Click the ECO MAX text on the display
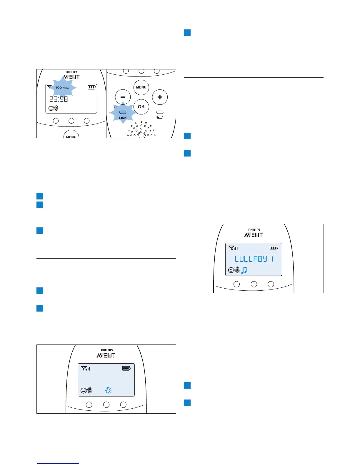pos(62,88)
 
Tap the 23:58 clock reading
pos(59,99)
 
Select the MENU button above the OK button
pos(141,87)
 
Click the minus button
pos(123,97)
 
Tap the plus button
pos(160,97)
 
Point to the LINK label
pos(123,118)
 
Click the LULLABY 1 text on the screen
pos(254,259)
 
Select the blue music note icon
pos(244,270)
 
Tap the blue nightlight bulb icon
pos(108,390)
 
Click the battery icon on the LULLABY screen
pos(274,248)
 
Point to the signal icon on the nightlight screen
pos(86,368)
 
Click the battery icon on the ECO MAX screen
pos(92,87)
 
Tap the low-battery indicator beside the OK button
pos(160,117)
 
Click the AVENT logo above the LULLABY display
pos(254,235)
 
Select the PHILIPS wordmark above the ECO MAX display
pos(72,72)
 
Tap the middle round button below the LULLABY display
pos(254,284)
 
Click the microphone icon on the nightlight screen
pos(90,390)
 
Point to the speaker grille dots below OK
pos(141,129)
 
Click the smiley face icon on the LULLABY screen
pos(231,270)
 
